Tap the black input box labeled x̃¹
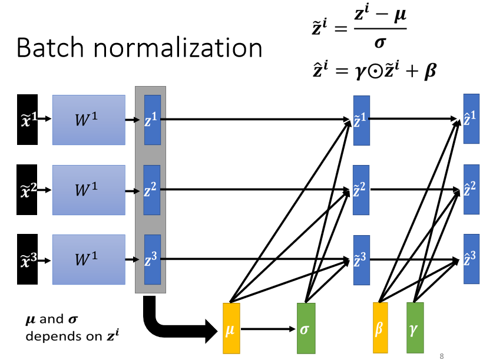pos(28,120)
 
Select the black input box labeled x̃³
pos(28,259)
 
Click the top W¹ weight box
pos(88,120)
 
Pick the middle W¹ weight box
pos(88,190)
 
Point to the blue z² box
pos(152,190)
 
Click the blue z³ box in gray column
pos(152,259)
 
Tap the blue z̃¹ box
pos(361,120)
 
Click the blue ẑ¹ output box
pos(471,118)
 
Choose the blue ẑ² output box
pos(471,189)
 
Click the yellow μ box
pos(231,328)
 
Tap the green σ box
pos(305,328)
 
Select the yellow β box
pos(380,328)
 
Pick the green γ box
pos(415,328)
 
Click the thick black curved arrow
pos(171,324)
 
